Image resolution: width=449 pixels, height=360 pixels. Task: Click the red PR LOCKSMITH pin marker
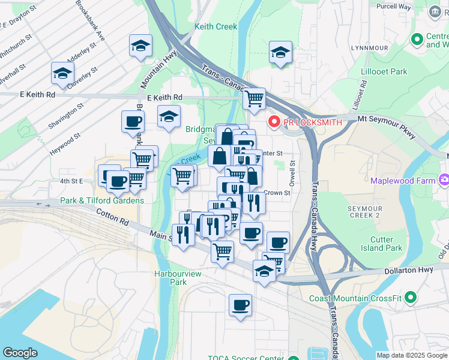point(274,122)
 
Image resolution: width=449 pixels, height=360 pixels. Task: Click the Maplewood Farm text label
point(402,180)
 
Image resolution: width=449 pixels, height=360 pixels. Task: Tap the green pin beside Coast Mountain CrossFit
point(411,297)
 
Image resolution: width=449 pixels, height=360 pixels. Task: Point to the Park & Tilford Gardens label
point(101,200)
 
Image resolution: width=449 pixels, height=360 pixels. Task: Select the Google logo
point(20,353)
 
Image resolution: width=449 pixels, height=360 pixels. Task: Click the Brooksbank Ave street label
point(91,20)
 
